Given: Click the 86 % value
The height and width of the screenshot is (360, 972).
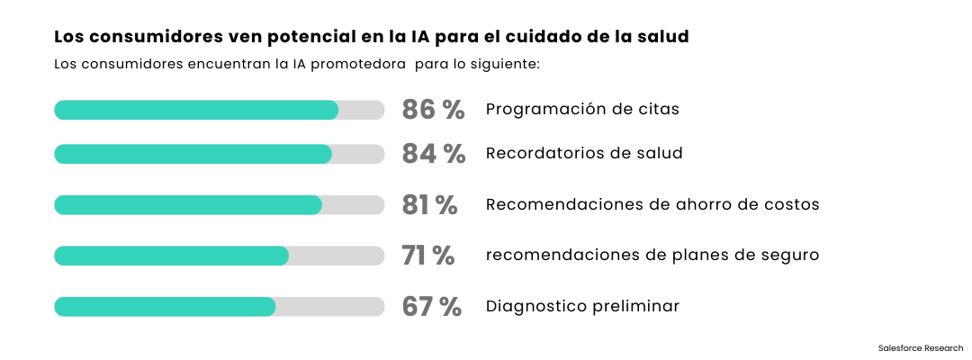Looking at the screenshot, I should point(433,110).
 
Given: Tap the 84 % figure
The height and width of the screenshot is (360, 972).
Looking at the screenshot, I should point(434,154).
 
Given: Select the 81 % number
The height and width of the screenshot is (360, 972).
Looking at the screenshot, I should point(430,205).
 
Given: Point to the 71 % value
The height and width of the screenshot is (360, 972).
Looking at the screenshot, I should point(428,256).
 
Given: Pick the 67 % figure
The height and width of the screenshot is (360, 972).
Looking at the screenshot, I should point(432,307).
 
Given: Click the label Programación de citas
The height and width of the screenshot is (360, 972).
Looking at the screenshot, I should point(582,110).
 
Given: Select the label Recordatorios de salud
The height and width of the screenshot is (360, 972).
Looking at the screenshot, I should point(584,154).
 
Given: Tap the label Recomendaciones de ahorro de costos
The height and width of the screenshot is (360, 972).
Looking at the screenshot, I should point(652,205).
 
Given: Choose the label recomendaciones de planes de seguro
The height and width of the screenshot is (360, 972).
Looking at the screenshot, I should point(652,256).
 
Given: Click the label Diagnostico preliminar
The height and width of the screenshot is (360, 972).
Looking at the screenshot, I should point(582,307).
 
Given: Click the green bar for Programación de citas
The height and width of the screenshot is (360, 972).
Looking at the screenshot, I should point(196,110).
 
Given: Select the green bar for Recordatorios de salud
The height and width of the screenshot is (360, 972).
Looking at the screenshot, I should point(193,154).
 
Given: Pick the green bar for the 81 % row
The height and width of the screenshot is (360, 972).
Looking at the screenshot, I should point(187,205).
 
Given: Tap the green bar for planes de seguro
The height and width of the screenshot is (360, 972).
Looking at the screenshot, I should point(171,256).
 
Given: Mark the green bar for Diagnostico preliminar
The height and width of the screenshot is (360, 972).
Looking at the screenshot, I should point(165,307).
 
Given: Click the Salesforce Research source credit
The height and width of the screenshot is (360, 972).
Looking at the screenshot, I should point(920,347).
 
